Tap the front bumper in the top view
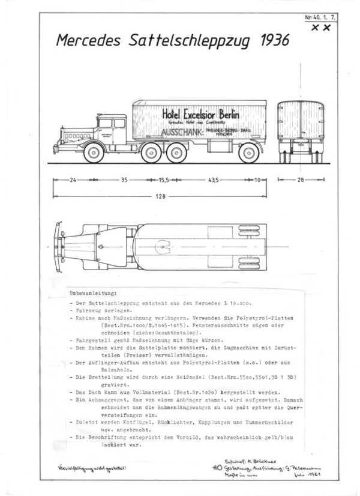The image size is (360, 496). tap(57, 243)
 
